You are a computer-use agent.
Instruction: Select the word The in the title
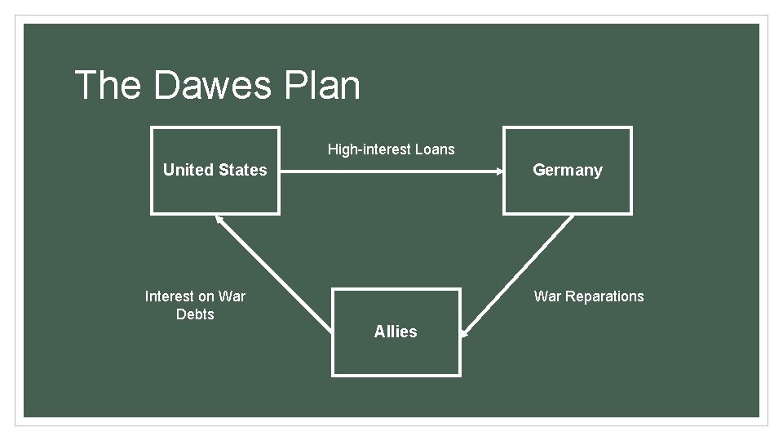[x=108, y=85]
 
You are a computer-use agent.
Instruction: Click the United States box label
[x=215, y=170]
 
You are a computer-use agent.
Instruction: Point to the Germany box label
[x=567, y=170]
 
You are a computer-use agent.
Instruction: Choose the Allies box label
[x=396, y=332]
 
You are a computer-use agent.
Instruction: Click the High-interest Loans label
[x=391, y=149]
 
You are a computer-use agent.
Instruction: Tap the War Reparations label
[x=589, y=296]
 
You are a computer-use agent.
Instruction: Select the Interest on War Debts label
[x=195, y=305]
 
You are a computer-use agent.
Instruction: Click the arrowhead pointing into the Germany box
[x=498, y=171]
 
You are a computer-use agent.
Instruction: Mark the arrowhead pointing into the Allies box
[x=464, y=332]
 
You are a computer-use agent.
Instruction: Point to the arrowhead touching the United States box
[x=219, y=218]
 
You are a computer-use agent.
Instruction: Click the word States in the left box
[x=244, y=170]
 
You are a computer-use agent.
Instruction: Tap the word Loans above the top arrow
[x=435, y=149]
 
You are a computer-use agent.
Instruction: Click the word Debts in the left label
[x=195, y=314]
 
